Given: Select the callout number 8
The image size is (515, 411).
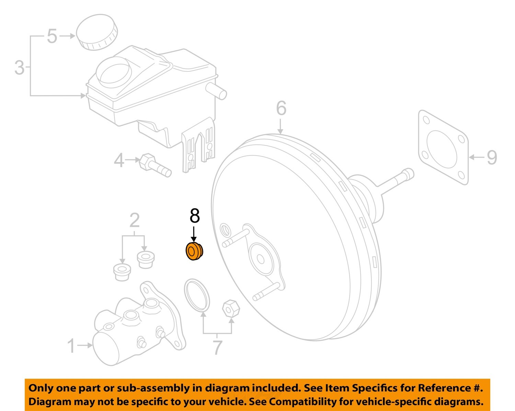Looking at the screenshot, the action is click(x=194, y=216).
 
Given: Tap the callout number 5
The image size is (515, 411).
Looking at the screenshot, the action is click(x=52, y=36).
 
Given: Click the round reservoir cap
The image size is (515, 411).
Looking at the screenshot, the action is click(x=96, y=32).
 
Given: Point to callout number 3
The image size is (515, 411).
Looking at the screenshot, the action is click(x=20, y=67).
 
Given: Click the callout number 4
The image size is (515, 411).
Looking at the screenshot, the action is click(x=119, y=160).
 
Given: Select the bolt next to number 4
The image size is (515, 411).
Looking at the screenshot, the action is click(x=155, y=165).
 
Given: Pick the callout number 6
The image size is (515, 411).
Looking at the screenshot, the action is click(x=281, y=108).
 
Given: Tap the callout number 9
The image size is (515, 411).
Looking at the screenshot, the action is click(x=492, y=158).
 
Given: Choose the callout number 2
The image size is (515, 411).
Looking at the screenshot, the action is click(x=134, y=220).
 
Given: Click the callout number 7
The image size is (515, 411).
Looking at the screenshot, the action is click(x=217, y=347).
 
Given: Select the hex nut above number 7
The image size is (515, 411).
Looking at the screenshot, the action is click(x=231, y=308).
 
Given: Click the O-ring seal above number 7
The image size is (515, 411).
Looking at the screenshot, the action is click(x=197, y=295).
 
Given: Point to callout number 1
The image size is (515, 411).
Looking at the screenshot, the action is click(x=71, y=346).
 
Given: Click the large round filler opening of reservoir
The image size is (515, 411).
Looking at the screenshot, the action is click(x=113, y=71).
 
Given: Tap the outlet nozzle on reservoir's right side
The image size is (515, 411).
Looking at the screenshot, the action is click(x=216, y=90).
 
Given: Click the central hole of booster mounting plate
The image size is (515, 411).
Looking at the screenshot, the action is click(x=260, y=259).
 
